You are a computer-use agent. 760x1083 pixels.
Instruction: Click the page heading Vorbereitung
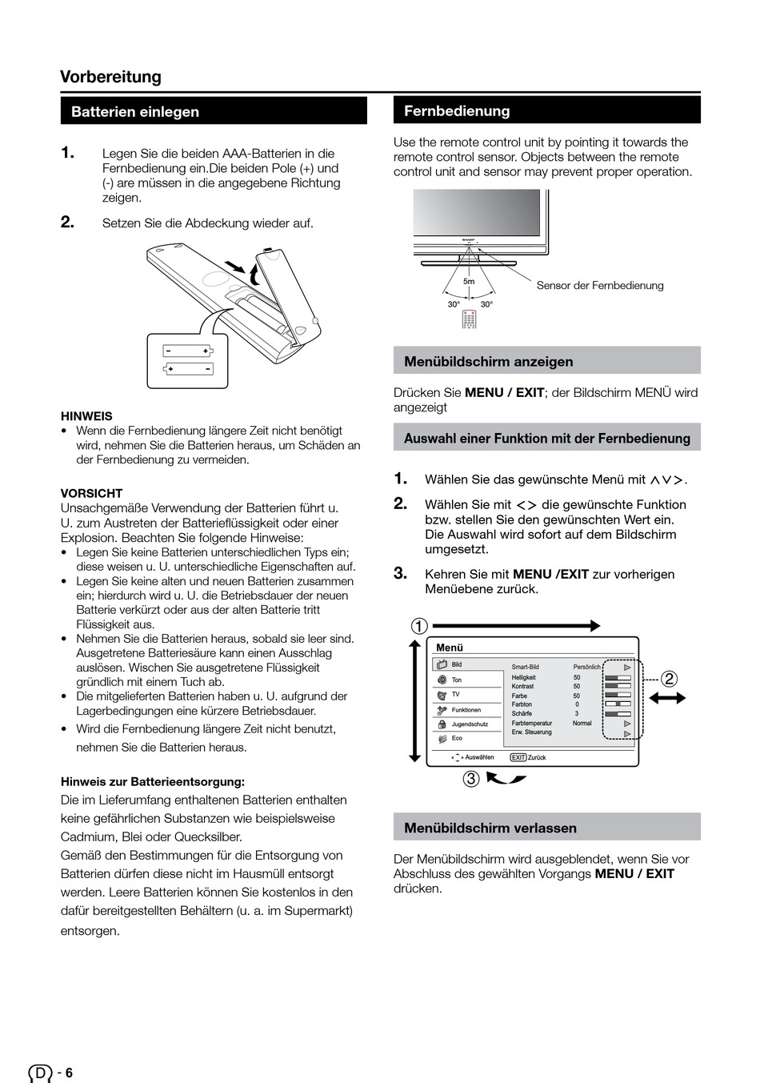110,77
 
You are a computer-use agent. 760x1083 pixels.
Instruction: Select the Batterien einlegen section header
135,112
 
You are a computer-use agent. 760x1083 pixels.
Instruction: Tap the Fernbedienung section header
457,111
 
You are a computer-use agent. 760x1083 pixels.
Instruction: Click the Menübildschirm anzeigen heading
488,362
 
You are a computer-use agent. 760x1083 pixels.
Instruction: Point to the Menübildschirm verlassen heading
490,828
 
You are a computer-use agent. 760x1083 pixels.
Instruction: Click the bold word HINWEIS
86,416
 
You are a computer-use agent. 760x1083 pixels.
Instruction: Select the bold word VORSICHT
91,493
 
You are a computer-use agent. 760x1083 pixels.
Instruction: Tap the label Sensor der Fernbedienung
599,286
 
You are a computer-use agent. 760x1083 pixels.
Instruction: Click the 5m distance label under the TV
469,282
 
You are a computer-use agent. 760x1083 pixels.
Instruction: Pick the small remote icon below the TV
469,319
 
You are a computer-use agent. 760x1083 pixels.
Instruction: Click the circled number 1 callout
418,627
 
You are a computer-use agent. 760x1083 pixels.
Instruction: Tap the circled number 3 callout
471,778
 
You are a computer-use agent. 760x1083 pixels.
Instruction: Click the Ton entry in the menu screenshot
456,680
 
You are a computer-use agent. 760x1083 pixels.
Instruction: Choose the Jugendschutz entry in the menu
469,724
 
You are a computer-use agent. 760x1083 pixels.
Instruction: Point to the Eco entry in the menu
457,739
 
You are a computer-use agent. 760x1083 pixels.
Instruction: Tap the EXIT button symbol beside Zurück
518,757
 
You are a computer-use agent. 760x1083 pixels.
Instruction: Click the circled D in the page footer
40,1073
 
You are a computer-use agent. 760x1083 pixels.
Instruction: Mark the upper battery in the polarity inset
187,351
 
